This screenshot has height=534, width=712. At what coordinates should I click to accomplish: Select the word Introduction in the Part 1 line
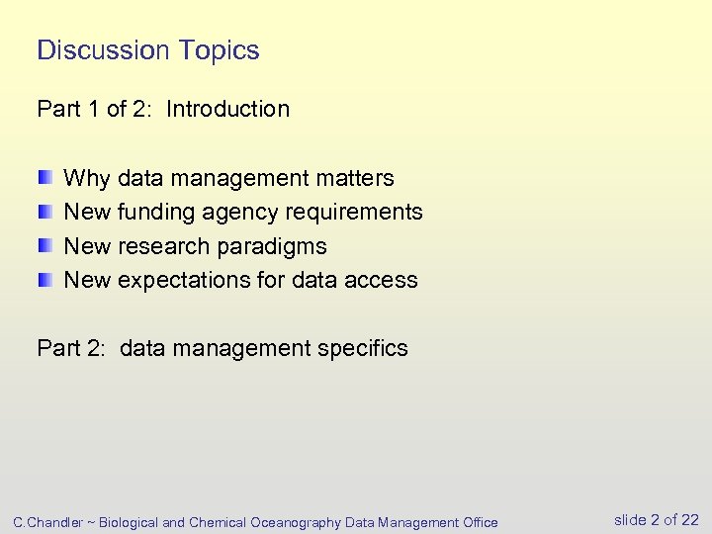click(x=227, y=109)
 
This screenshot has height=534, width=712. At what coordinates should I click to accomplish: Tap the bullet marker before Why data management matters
click(x=45, y=178)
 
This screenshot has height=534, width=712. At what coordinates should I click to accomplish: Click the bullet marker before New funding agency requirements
click(x=45, y=212)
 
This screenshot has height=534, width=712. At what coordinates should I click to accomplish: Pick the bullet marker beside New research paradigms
click(x=45, y=246)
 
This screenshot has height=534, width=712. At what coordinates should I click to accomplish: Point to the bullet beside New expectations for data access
click(x=45, y=280)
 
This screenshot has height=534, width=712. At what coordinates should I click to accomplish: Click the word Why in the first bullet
click(x=87, y=178)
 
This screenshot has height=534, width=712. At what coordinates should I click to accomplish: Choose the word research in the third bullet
click(x=166, y=246)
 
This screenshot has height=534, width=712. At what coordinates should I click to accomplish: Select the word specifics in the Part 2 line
click(x=362, y=348)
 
